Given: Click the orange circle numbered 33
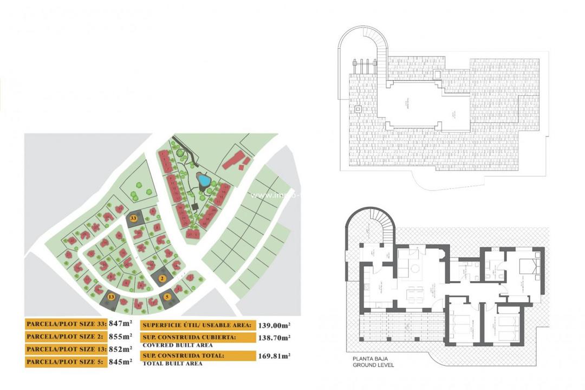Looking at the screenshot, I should click(132, 219).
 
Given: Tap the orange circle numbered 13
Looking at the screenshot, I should click(112, 296).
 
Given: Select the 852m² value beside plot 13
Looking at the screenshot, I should click(120, 349).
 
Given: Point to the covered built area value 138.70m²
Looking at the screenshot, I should click(274, 337).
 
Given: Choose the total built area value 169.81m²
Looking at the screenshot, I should click(274, 356).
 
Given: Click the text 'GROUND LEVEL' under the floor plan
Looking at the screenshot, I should click(373, 365).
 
